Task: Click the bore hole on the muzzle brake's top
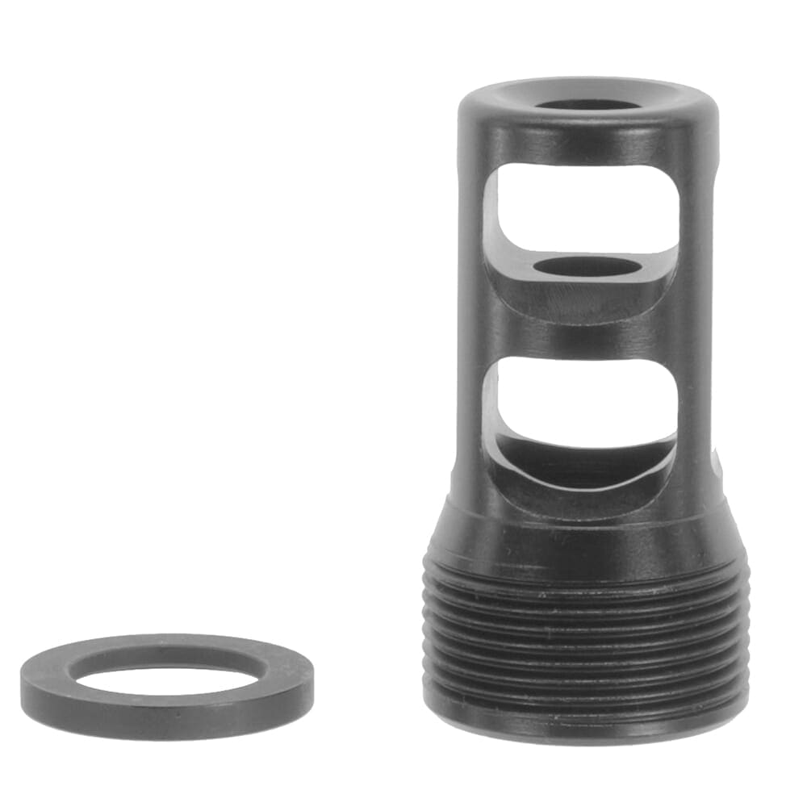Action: (x=587, y=105)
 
